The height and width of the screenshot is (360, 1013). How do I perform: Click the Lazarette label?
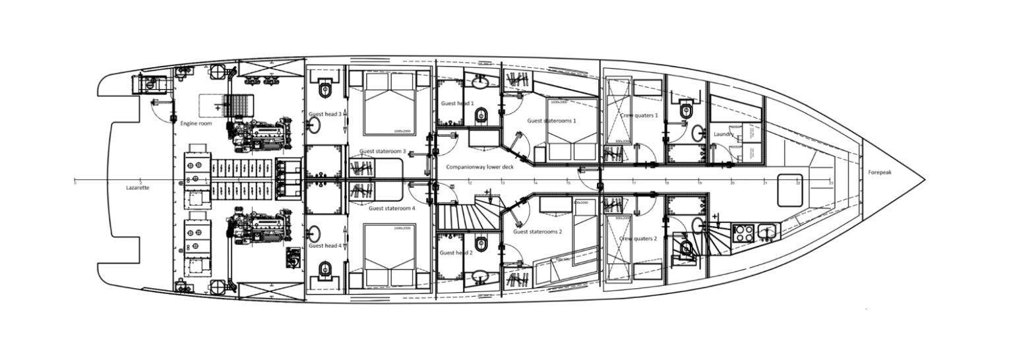point(138,188)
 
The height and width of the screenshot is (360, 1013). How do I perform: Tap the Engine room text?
point(191,123)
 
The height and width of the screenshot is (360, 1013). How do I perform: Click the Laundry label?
point(724,135)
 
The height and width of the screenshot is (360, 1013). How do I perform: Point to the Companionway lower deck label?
point(479,167)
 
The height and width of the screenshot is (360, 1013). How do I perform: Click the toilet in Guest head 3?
point(325,89)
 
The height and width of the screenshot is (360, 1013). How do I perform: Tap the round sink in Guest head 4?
point(315,234)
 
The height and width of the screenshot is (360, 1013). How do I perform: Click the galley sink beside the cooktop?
point(768,231)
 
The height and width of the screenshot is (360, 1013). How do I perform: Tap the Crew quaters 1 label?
point(639,115)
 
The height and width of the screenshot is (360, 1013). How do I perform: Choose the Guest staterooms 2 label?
point(537,231)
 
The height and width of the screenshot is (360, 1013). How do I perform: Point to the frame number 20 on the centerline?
point(732,184)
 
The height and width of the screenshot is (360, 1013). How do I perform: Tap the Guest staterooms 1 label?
point(551,121)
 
